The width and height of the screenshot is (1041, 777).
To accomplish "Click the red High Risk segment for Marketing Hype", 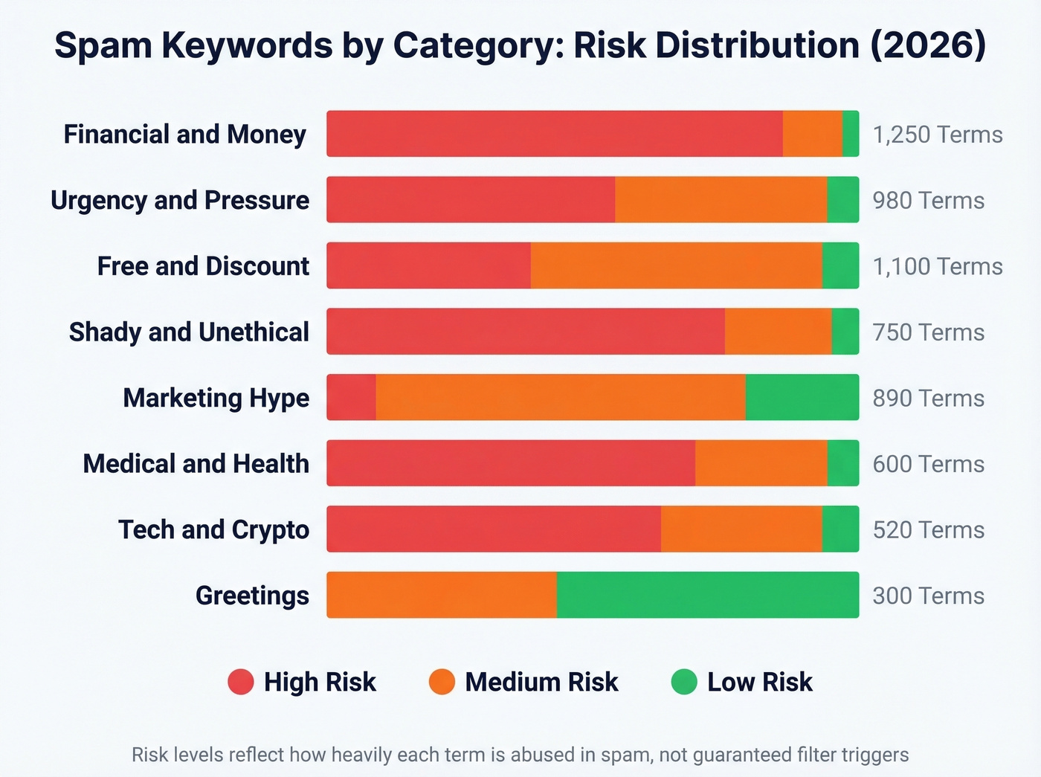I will coord(352,397).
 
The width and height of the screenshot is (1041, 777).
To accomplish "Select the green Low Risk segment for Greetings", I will coord(707,595).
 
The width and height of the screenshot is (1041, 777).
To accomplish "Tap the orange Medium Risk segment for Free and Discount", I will coord(676,265).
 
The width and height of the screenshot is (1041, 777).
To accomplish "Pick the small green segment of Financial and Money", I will coord(851,134).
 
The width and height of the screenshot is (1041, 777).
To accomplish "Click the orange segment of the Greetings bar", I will coord(442,595).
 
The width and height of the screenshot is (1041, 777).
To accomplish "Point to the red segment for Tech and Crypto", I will coord(494,529).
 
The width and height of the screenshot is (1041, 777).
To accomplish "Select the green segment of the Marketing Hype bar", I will coord(802,397).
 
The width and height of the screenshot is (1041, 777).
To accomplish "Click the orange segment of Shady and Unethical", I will coord(778,331).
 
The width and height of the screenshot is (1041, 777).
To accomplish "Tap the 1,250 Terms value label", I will coord(937,135).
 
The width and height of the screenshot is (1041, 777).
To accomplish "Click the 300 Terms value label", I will coord(928,596).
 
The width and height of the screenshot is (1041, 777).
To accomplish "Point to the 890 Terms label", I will coord(928,398).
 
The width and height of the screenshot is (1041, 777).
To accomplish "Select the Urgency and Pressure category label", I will coord(180,200).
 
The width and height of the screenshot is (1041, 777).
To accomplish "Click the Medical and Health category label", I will coord(196,463).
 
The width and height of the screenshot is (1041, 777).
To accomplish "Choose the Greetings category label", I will coord(252,596).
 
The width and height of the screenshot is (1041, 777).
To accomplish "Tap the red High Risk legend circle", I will coord(241,682).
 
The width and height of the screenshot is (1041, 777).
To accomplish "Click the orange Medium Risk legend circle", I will coord(442,682).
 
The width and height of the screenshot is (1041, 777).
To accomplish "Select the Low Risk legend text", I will coord(759,682).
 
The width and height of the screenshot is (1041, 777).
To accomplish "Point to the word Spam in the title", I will coord(103,45).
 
